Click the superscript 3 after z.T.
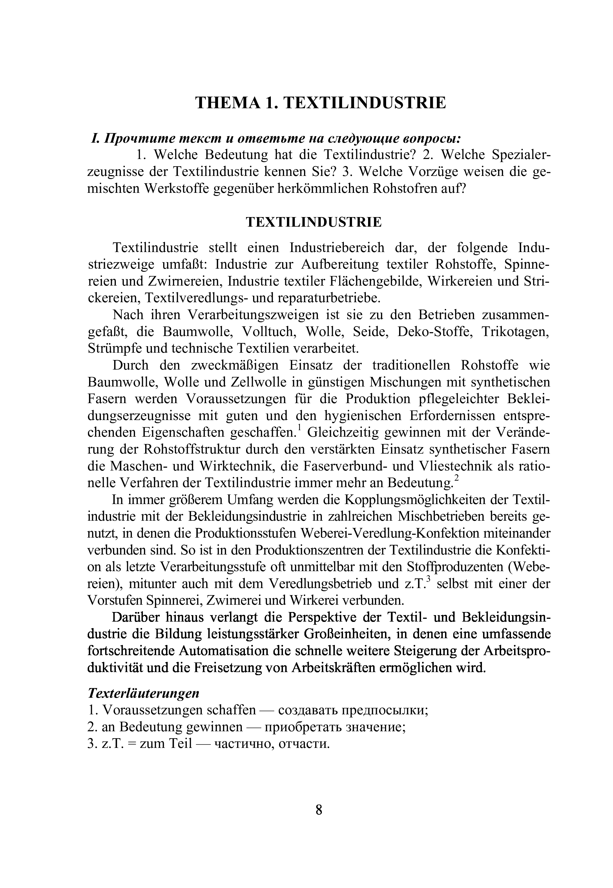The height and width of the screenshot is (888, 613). tap(429, 579)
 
